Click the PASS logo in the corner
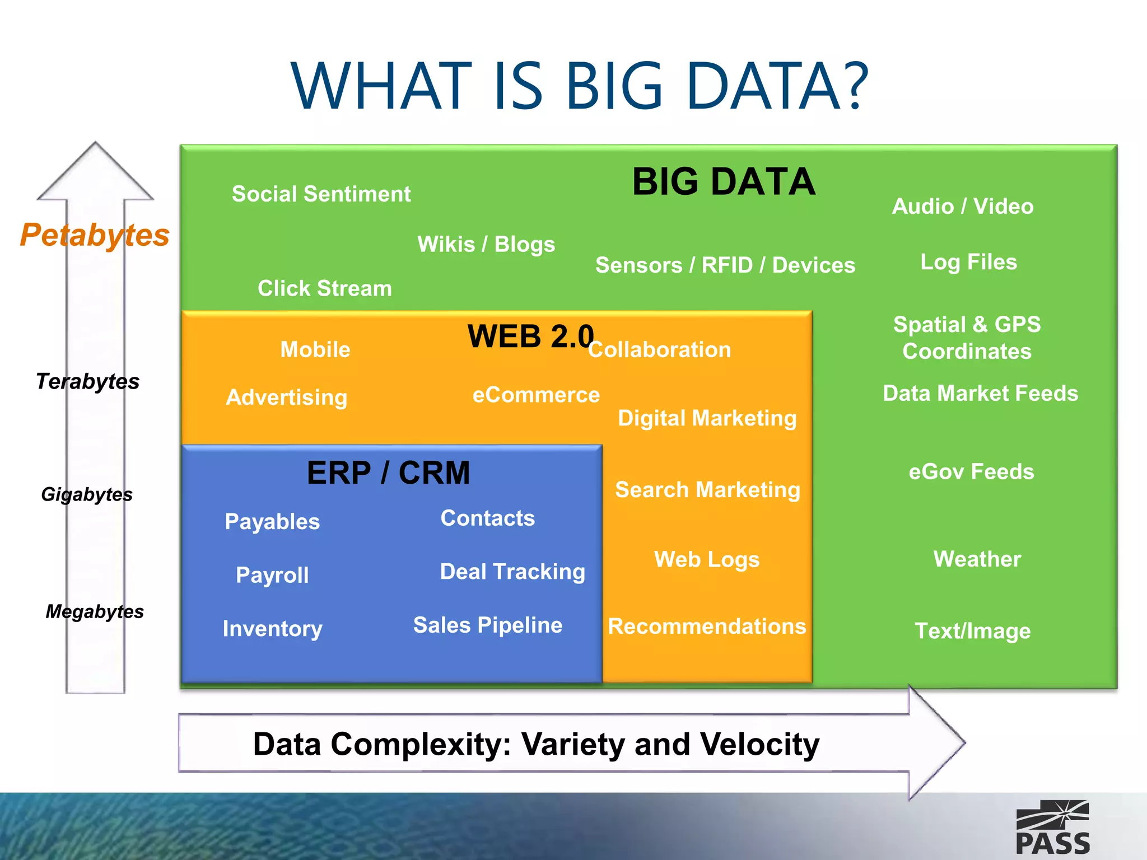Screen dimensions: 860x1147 pyautogui.click(x=1052, y=828)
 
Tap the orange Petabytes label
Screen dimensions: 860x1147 pyautogui.click(x=95, y=235)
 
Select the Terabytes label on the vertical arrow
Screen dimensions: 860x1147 pyautogui.click(x=88, y=381)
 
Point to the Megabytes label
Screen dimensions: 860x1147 pyautogui.click(x=95, y=611)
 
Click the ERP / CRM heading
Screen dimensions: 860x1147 pyautogui.click(x=388, y=473)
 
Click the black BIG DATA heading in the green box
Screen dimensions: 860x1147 pyautogui.click(x=724, y=182)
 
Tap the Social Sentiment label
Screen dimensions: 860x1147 pyautogui.click(x=321, y=194)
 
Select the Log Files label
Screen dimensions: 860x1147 pyautogui.click(x=968, y=262)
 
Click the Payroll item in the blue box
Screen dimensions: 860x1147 pyautogui.click(x=272, y=575)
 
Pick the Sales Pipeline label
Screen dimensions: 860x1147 pyautogui.click(x=487, y=625)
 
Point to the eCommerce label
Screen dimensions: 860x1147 pyautogui.click(x=536, y=395)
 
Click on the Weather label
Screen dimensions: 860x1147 pyautogui.click(x=977, y=559)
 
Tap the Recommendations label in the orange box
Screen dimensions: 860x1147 pyautogui.click(x=707, y=626)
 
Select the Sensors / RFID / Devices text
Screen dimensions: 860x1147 pyautogui.click(x=725, y=265)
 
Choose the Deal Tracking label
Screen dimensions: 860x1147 pyautogui.click(x=512, y=572)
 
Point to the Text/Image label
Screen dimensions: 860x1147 pyautogui.click(x=972, y=631)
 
